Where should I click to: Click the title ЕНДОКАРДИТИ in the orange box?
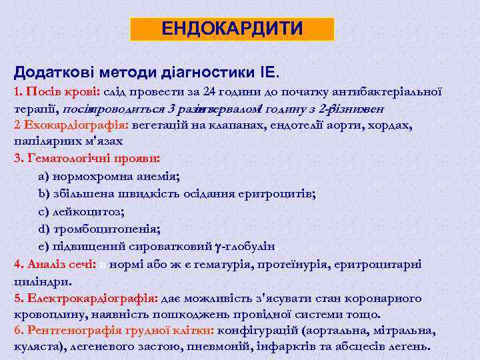[x=232, y=29]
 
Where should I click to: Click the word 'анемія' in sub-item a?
[x=160, y=177]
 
